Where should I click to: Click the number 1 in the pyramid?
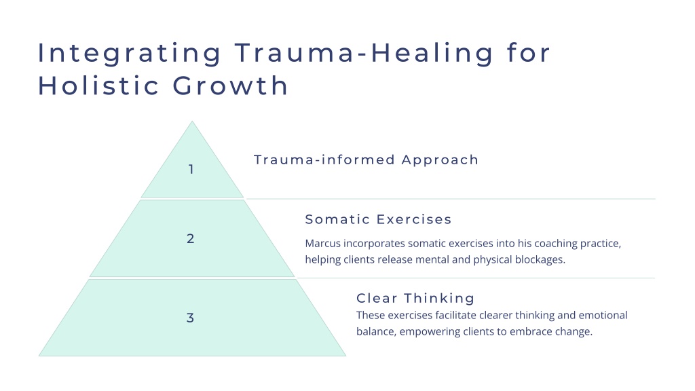pyautogui.click(x=191, y=169)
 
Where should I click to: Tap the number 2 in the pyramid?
pyautogui.click(x=191, y=238)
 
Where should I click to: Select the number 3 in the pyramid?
pyautogui.click(x=190, y=318)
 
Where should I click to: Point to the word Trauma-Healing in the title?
pyautogui.click(x=364, y=53)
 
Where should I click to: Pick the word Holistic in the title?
pyautogui.click(x=98, y=85)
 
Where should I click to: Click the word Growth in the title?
pyautogui.click(x=231, y=85)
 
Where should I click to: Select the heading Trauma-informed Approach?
pyautogui.click(x=366, y=160)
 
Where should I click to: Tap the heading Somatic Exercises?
pyautogui.click(x=378, y=219)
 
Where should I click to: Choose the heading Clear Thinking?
pyautogui.click(x=415, y=298)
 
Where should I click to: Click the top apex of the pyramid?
pyautogui.click(x=192, y=121)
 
